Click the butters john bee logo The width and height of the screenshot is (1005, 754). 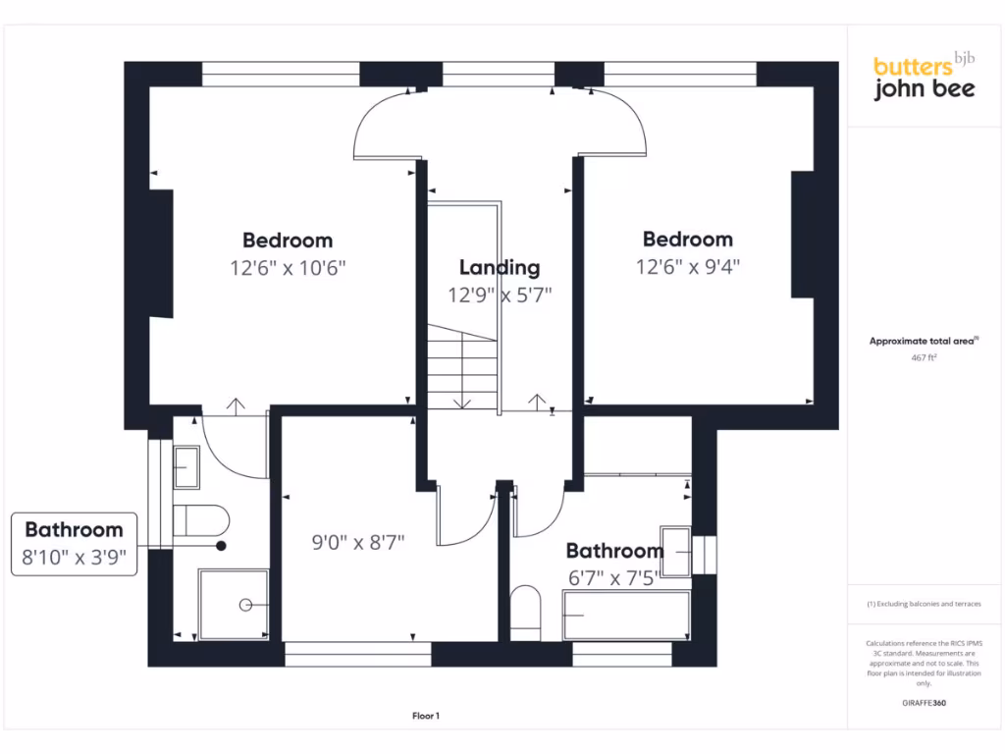tap(924, 77)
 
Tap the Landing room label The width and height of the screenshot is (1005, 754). tap(500, 267)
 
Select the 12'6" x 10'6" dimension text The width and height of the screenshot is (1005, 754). tap(288, 267)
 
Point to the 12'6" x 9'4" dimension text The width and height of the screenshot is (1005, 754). tap(687, 266)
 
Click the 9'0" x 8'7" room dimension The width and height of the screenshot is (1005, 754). tap(358, 541)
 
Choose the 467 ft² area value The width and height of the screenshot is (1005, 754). tap(924, 358)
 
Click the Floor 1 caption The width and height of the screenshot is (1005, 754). tap(426, 717)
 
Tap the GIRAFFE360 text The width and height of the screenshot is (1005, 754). tap(924, 703)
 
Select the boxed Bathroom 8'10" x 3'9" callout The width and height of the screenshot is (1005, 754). tap(75, 544)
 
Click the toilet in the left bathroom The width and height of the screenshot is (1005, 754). tap(200, 520)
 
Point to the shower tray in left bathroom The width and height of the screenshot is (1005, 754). tap(234, 603)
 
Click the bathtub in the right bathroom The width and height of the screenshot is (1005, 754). tap(626, 615)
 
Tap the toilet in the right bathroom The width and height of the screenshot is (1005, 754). tap(526, 613)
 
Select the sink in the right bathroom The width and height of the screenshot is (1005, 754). tap(676, 550)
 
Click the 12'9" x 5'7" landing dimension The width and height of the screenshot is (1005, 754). tap(500, 295)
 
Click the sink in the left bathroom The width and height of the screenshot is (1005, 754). tap(186, 467)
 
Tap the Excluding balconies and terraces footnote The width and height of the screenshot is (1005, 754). tap(924, 604)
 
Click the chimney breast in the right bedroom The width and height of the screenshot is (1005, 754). tap(803, 234)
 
